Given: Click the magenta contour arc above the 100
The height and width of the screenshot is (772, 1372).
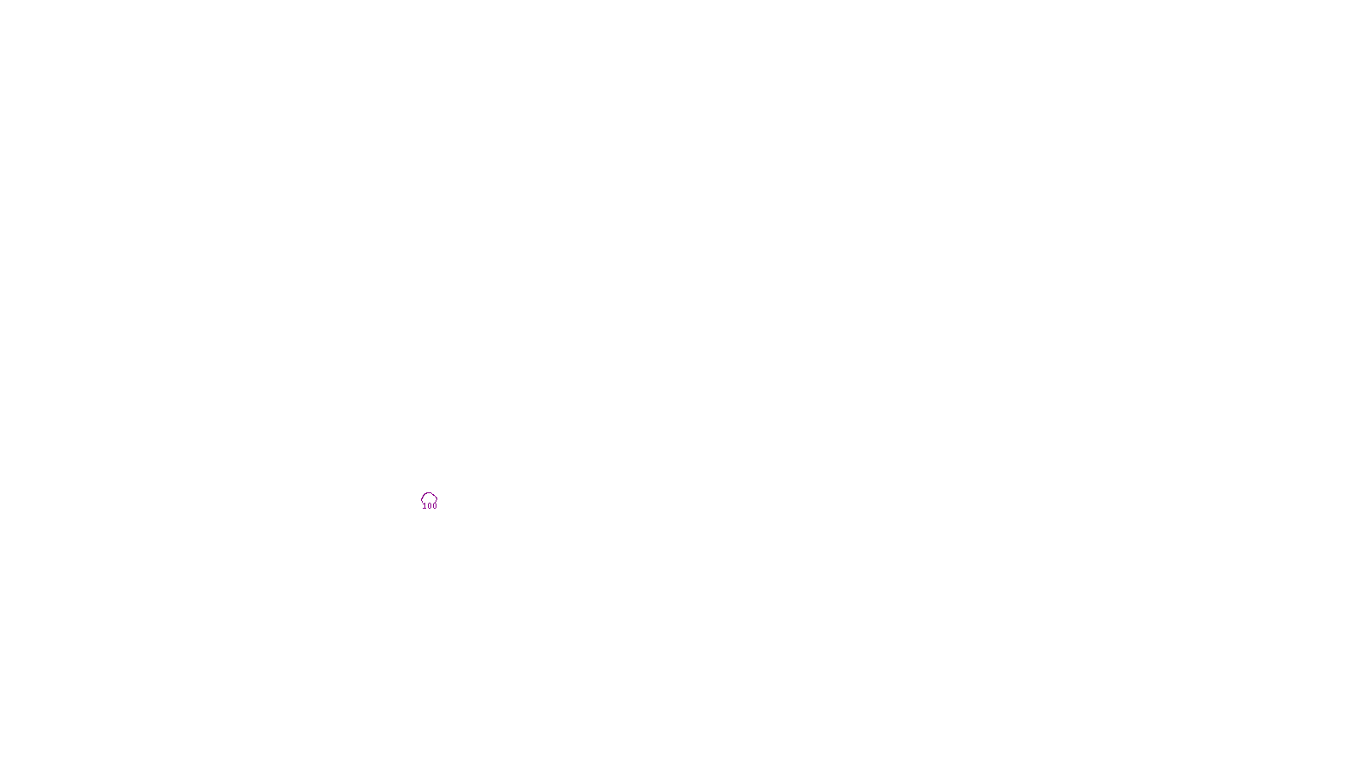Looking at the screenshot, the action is point(429,494).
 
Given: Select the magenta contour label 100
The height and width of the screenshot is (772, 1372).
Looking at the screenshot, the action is point(430,506).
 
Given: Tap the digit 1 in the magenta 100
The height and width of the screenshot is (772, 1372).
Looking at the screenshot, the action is point(425,506).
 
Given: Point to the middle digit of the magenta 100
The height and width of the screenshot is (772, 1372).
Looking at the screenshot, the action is point(430,506).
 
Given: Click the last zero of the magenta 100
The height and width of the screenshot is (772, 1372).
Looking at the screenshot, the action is point(435,506).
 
